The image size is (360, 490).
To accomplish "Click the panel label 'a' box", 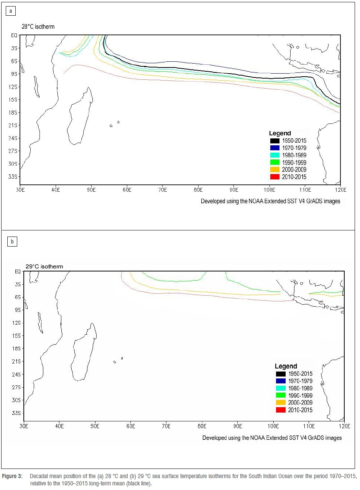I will [x=11, y=11].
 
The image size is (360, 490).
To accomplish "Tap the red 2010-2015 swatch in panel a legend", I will [x=275, y=177].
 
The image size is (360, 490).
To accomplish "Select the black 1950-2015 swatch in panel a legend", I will [x=275, y=141].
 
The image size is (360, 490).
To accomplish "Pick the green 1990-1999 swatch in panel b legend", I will [x=281, y=395].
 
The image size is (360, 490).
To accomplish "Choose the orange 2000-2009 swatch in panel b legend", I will [x=281, y=403].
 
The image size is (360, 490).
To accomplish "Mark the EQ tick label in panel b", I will [x=17, y=271].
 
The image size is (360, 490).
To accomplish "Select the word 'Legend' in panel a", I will [x=280, y=133].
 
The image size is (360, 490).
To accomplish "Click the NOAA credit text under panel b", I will [x=272, y=437].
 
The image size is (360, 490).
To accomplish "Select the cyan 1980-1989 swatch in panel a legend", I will [x=275, y=155].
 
